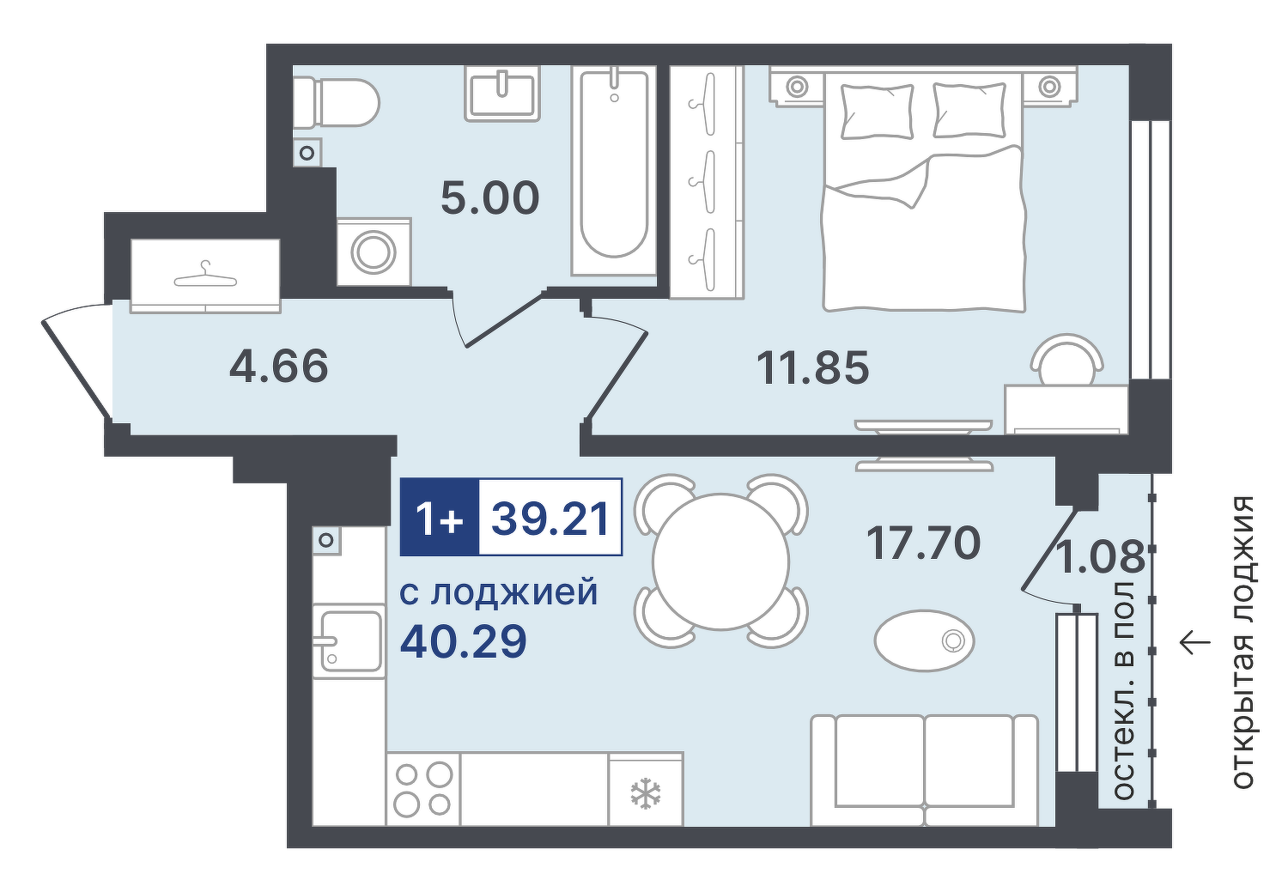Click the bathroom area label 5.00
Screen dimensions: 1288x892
pyautogui.click(x=490, y=198)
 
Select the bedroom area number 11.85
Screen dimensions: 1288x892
pyautogui.click(x=812, y=367)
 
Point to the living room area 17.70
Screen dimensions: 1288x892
pyautogui.click(x=923, y=543)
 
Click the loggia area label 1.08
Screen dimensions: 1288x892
pyautogui.click(x=1101, y=557)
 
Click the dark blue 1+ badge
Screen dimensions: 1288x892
pyautogui.click(x=440, y=518)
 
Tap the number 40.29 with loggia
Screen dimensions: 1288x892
pyautogui.click(x=464, y=642)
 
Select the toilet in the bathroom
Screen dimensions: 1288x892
pyautogui.click(x=337, y=103)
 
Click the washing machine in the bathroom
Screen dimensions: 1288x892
pyautogui.click(x=374, y=252)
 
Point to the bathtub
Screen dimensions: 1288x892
pyautogui.click(x=614, y=171)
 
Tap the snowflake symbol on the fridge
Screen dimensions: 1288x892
pyautogui.click(x=646, y=794)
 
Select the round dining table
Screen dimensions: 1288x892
pyautogui.click(x=721, y=561)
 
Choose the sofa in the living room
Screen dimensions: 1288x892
pyautogui.click(x=924, y=770)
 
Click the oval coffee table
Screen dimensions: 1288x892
pyautogui.click(x=924, y=640)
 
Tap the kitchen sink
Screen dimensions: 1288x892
pyautogui.click(x=349, y=640)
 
